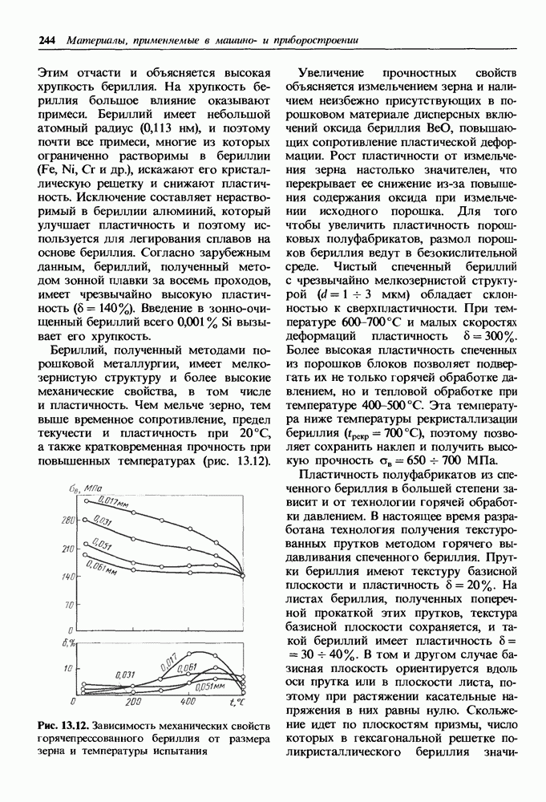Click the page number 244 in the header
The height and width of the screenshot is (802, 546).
coord(47,39)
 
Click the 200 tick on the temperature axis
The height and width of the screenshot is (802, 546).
coord(133,703)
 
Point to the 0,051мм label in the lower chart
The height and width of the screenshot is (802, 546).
coord(208,687)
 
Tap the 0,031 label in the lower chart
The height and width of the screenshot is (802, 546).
coord(126,674)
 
